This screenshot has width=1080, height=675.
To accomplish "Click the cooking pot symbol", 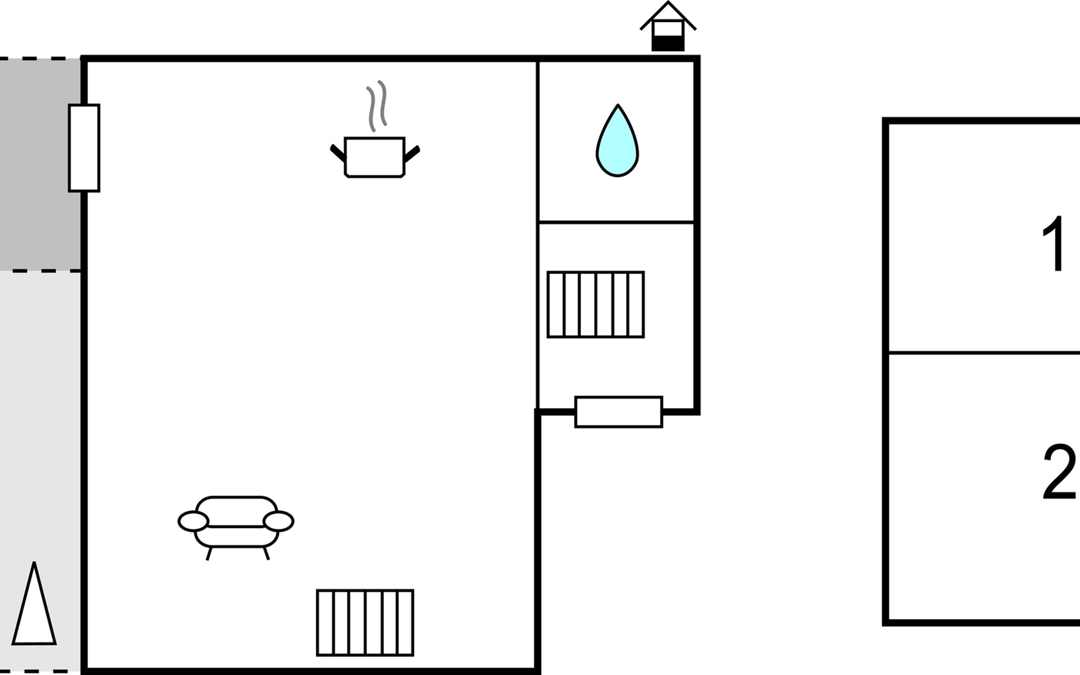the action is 375,157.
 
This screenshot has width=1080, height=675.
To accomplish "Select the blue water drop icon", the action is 617,141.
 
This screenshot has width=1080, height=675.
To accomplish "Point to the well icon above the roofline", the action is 668,26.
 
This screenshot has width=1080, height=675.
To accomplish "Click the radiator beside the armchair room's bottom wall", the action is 365,623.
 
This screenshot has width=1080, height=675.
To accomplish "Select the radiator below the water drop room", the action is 596,304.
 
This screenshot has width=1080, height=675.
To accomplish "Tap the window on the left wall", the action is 84,148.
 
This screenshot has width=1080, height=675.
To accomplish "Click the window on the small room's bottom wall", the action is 619,412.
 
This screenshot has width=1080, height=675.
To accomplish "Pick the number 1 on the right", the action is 1054,244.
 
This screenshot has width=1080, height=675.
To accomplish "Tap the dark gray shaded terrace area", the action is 40,164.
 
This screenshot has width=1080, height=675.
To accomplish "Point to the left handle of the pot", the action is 337,153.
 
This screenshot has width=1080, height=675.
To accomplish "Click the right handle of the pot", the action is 412,153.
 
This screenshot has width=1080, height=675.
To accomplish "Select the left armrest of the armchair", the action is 193,521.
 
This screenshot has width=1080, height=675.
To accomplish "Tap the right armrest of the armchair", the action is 278,521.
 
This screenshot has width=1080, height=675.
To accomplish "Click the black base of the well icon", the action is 668,44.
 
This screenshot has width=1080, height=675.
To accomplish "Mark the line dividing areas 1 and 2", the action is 984,353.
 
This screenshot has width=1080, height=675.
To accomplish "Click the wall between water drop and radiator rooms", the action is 616,222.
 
